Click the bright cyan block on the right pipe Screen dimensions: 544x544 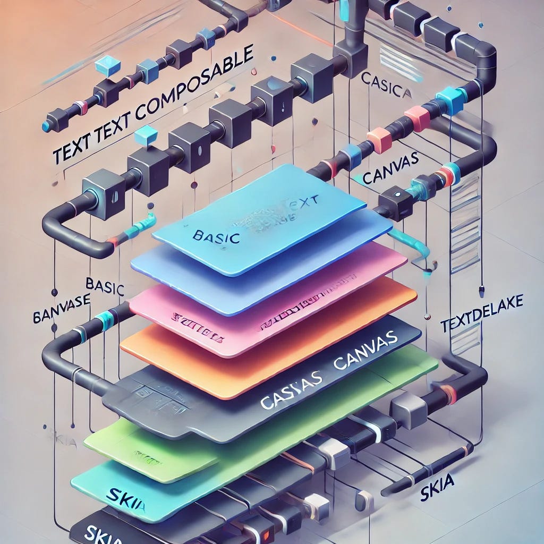(x=449, y=99)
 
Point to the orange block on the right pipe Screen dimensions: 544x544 (x=379, y=139)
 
